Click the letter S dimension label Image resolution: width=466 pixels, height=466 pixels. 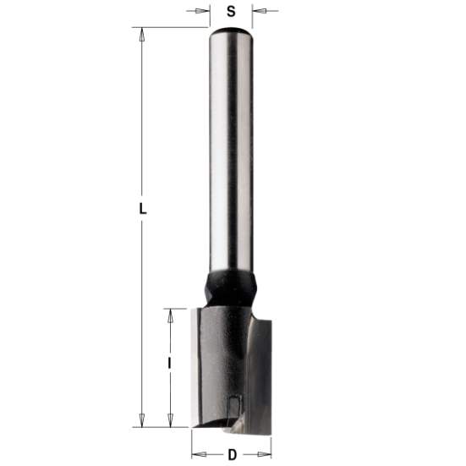[x=231, y=12]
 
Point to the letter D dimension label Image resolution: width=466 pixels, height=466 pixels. [x=232, y=454]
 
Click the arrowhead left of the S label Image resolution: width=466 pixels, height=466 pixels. [x=204, y=12]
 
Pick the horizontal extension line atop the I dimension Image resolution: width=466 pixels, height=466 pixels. [x=178, y=308]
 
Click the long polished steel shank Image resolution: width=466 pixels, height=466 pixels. [x=230, y=152]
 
